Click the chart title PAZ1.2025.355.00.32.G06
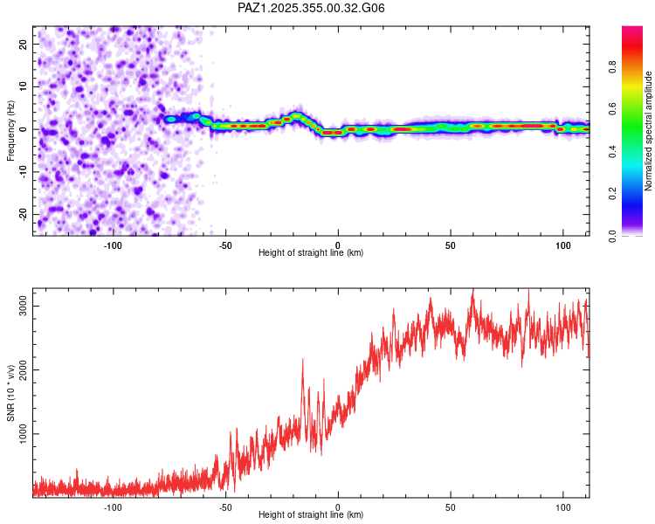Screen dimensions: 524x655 click(x=312, y=8)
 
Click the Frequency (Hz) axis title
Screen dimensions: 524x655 click(x=10, y=130)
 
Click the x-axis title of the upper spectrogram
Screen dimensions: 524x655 click(x=311, y=252)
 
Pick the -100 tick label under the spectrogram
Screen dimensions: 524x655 click(x=113, y=245)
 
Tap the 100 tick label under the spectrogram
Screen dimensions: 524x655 click(x=562, y=245)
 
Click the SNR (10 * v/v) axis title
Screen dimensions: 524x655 click(x=10, y=392)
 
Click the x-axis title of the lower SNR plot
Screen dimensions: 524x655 click(x=311, y=514)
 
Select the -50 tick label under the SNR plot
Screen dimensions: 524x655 click(x=225, y=507)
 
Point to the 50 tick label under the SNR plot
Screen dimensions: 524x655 click(x=450, y=507)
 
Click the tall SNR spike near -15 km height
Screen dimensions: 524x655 click(x=303, y=360)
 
